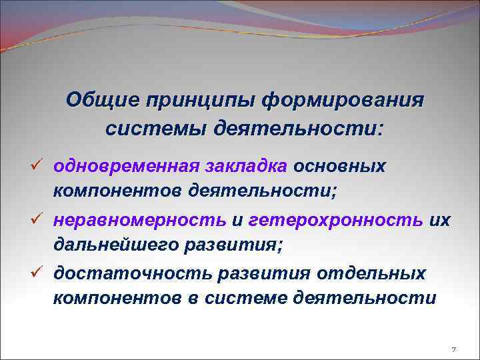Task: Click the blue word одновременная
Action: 124,165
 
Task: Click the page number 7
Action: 453,349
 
